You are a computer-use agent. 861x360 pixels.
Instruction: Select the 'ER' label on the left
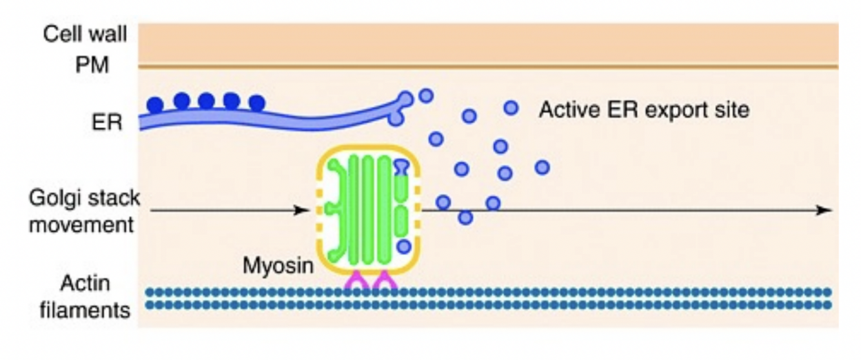point(106,122)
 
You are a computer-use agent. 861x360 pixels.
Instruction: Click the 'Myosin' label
point(276,265)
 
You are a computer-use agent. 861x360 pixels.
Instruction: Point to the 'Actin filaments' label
point(85,297)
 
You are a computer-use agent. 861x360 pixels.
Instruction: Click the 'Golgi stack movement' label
point(84,211)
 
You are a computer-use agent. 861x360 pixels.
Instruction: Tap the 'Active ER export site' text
point(644,110)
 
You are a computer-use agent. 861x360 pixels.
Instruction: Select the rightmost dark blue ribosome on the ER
point(257,103)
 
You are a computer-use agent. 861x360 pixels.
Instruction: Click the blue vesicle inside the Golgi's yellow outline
point(403,246)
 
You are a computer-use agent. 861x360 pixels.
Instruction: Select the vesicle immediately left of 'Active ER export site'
point(511,108)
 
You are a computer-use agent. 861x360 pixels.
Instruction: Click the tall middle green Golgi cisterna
point(367,210)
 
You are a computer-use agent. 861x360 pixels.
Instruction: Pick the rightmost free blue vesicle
point(542,168)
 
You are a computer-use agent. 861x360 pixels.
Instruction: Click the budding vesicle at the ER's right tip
point(407,99)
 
